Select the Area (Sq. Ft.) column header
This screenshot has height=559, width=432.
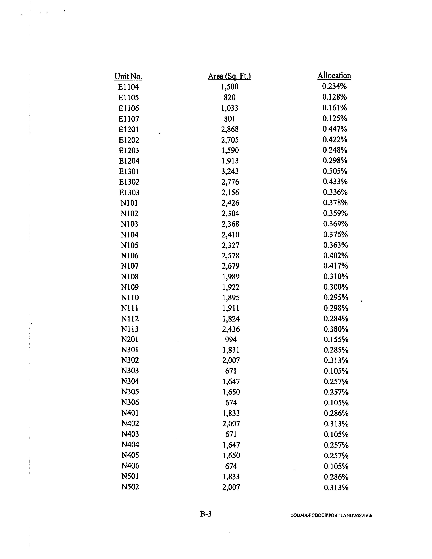(229, 76)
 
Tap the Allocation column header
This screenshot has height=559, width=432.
(334, 76)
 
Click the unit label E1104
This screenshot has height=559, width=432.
(128, 87)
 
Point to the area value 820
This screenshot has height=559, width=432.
(230, 98)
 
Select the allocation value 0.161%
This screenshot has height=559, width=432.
(335, 108)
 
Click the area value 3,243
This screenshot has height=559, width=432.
(230, 171)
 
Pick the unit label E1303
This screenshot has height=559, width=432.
(129, 192)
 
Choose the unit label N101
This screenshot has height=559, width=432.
(129, 203)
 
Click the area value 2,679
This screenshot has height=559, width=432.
(231, 266)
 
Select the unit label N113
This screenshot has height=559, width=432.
(130, 329)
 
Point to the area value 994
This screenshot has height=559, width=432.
(231, 340)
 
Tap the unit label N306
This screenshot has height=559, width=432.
(130, 403)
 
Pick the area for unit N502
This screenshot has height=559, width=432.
(231, 487)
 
